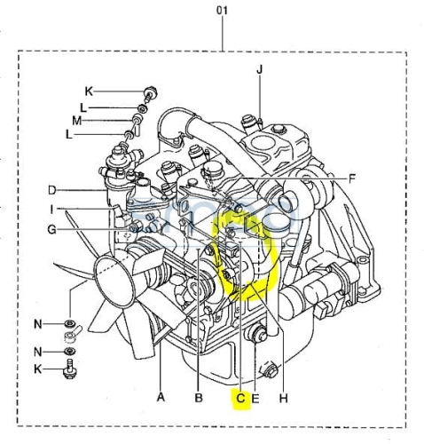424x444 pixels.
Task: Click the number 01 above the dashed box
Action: [222, 11]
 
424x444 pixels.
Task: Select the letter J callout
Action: [259, 70]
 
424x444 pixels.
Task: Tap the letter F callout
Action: [351, 178]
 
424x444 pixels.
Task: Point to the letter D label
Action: [52, 190]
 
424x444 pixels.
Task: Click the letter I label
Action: [51, 210]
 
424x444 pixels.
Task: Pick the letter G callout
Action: [52, 229]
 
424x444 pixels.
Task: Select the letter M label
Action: [77, 121]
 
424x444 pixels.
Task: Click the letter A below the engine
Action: [161, 397]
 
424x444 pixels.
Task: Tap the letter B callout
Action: [199, 398]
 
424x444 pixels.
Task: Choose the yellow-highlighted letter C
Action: [240, 398]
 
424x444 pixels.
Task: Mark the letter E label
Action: [255, 399]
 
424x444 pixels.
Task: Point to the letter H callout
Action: [283, 399]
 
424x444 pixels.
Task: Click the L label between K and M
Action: [83, 107]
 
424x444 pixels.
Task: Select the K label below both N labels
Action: [38, 369]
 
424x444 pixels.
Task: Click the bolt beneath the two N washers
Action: [69, 369]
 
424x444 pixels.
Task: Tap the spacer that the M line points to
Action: [137, 119]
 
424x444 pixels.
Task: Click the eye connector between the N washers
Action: [73, 334]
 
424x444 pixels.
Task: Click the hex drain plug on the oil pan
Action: [270, 370]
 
